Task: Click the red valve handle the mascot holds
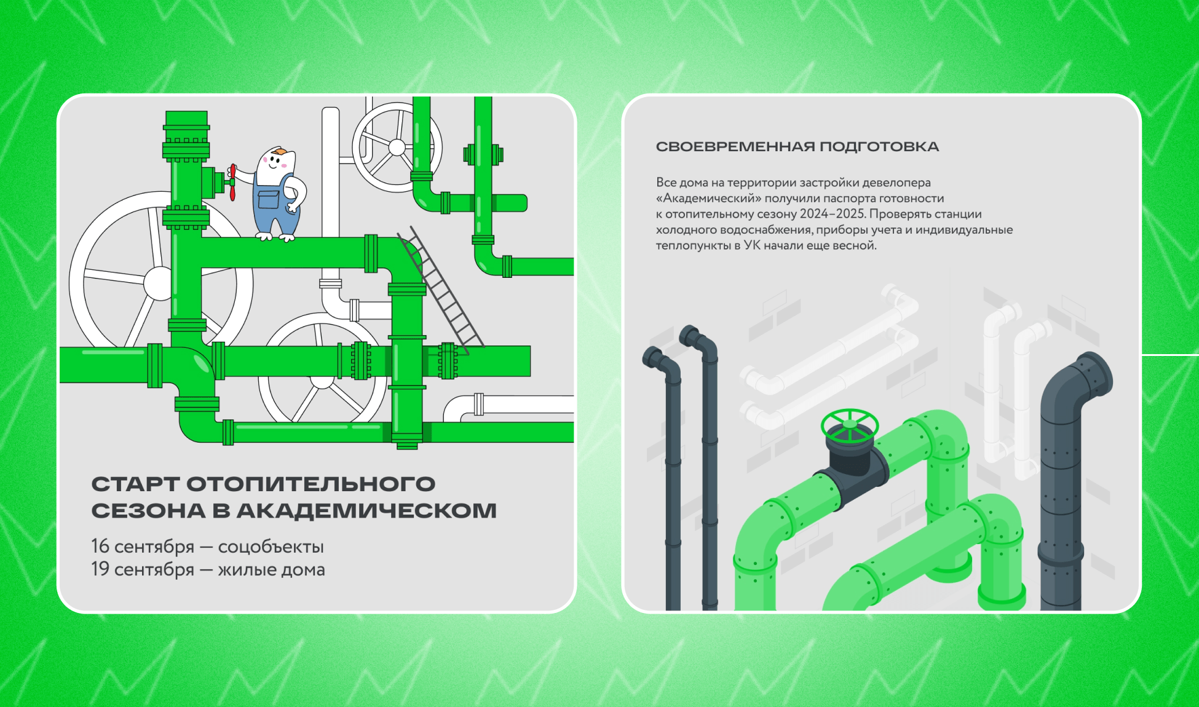pos(232,182)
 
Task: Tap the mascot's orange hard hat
pos(280,151)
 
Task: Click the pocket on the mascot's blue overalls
pos(269,200)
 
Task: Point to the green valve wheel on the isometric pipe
pos(850,424)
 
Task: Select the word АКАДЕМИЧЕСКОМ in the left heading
pos(366,510)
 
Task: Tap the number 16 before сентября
pos(100,546)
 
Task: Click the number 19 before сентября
pos(100,569)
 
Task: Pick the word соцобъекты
pos(271,547)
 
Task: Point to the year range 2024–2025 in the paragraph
pos(833,214)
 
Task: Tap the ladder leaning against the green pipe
pos(440,290)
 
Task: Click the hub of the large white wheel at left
pos(158,283)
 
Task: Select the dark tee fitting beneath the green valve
pos(852,470)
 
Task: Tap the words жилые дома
pos(271,569)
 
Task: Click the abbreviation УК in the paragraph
pos(752,245)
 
